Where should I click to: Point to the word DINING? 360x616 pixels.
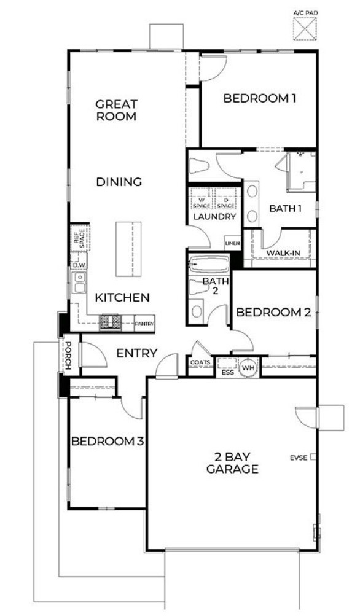[119, 182]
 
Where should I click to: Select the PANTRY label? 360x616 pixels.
[144, 323]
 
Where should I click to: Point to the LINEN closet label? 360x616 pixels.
[232, 244]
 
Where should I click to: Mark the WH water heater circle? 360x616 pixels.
[248, 367]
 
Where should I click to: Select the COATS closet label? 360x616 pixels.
[200, 362]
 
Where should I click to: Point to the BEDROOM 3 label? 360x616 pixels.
[108, 441]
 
